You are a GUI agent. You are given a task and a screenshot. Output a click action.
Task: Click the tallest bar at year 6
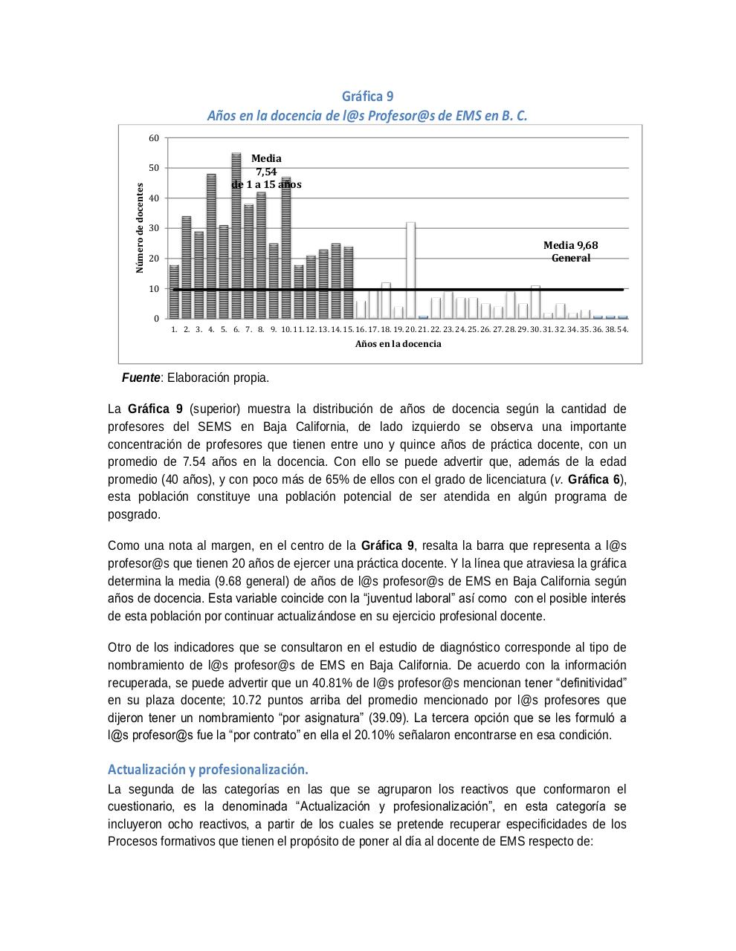coord(236,236)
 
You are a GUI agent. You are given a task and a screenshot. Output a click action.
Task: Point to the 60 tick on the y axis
coord(154,138)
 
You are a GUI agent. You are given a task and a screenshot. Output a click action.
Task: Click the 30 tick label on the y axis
coord(154,228)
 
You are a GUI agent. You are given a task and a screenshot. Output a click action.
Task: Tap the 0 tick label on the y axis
coord(156,319)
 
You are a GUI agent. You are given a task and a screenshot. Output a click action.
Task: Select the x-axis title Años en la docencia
coord(398,344)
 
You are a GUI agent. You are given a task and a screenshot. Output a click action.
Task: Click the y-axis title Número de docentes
coord(139,228)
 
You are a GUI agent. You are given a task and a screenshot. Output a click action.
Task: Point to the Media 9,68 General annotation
coord(570,251)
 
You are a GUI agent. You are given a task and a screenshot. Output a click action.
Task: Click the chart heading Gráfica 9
coord(367,97)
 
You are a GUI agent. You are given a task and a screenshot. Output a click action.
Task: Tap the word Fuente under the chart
coord(141,377)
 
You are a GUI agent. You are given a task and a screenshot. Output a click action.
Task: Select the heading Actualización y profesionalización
coord(207,768)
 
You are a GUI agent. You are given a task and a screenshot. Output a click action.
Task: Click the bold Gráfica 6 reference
coord(594,479)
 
